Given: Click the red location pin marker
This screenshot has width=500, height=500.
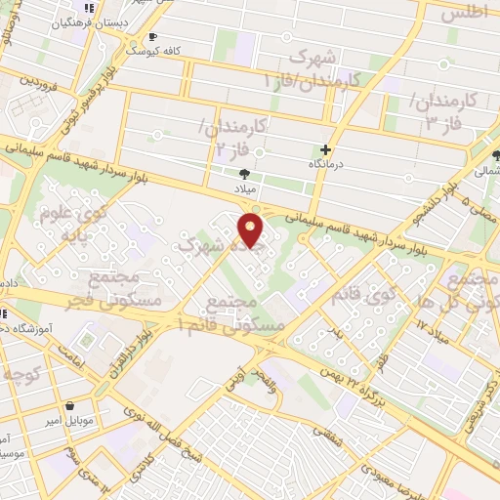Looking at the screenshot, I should click(x=251, y=230).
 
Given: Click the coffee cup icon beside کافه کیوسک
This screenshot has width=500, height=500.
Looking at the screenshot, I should click(x=152, y=37).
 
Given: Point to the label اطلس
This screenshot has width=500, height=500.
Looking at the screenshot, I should click(x=464, y=15).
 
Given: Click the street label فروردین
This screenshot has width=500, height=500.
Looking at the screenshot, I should click(x=40, y=81).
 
